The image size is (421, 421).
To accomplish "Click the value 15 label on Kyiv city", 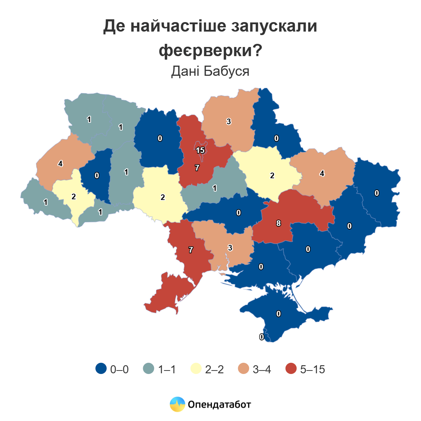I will [x=200, y=150].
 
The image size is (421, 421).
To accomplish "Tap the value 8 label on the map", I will [x=278, y=223].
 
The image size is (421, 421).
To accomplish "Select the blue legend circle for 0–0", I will [x=101, y=369].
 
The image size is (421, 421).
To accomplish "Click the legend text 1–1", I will [x=167, y=369].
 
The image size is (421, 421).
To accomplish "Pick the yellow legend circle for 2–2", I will [x=196, y=369].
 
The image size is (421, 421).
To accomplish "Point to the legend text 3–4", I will [x=262, y=369].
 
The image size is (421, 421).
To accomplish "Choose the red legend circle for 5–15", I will [x=291, y=369].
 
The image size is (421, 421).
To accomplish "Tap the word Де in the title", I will [x=114, y=26].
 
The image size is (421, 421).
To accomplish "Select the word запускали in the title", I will [x=274, y=26].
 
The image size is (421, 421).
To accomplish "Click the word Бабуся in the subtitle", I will [x=227, y=71].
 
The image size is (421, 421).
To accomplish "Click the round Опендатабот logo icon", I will [x=177, y=404].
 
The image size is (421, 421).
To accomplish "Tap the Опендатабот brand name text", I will [x=219, y=405].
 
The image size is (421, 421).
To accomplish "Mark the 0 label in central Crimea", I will [x=279, y=314].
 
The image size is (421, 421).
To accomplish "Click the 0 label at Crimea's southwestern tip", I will [x=262, y=337].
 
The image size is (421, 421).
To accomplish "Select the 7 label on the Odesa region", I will [x=191, y=250].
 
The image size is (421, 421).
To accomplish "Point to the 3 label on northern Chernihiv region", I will [x=229, y=121].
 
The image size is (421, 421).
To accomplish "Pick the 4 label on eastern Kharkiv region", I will [x=322, y=173].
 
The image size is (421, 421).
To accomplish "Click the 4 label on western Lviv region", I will [x=60, y=163].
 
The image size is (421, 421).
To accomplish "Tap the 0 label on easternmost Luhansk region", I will [x=377, y=193].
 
